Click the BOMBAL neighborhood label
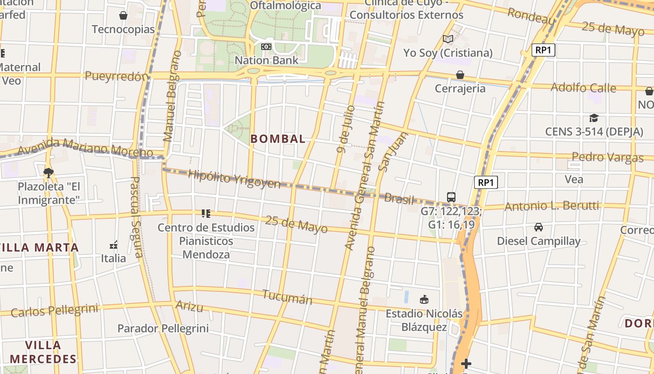278,139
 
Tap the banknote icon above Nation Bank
266,47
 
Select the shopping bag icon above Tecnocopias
123,16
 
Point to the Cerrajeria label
460,88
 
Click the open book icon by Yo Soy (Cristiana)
448,39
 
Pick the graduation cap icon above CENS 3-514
594,118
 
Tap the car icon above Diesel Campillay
539,227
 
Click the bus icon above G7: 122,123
451,197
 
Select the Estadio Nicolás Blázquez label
424,320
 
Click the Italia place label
114,258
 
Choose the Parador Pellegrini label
163,329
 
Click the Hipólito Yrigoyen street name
234,180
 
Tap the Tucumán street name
287,297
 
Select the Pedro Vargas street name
607,157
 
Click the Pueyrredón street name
116,77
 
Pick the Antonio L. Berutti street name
552,206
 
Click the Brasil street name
399,199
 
